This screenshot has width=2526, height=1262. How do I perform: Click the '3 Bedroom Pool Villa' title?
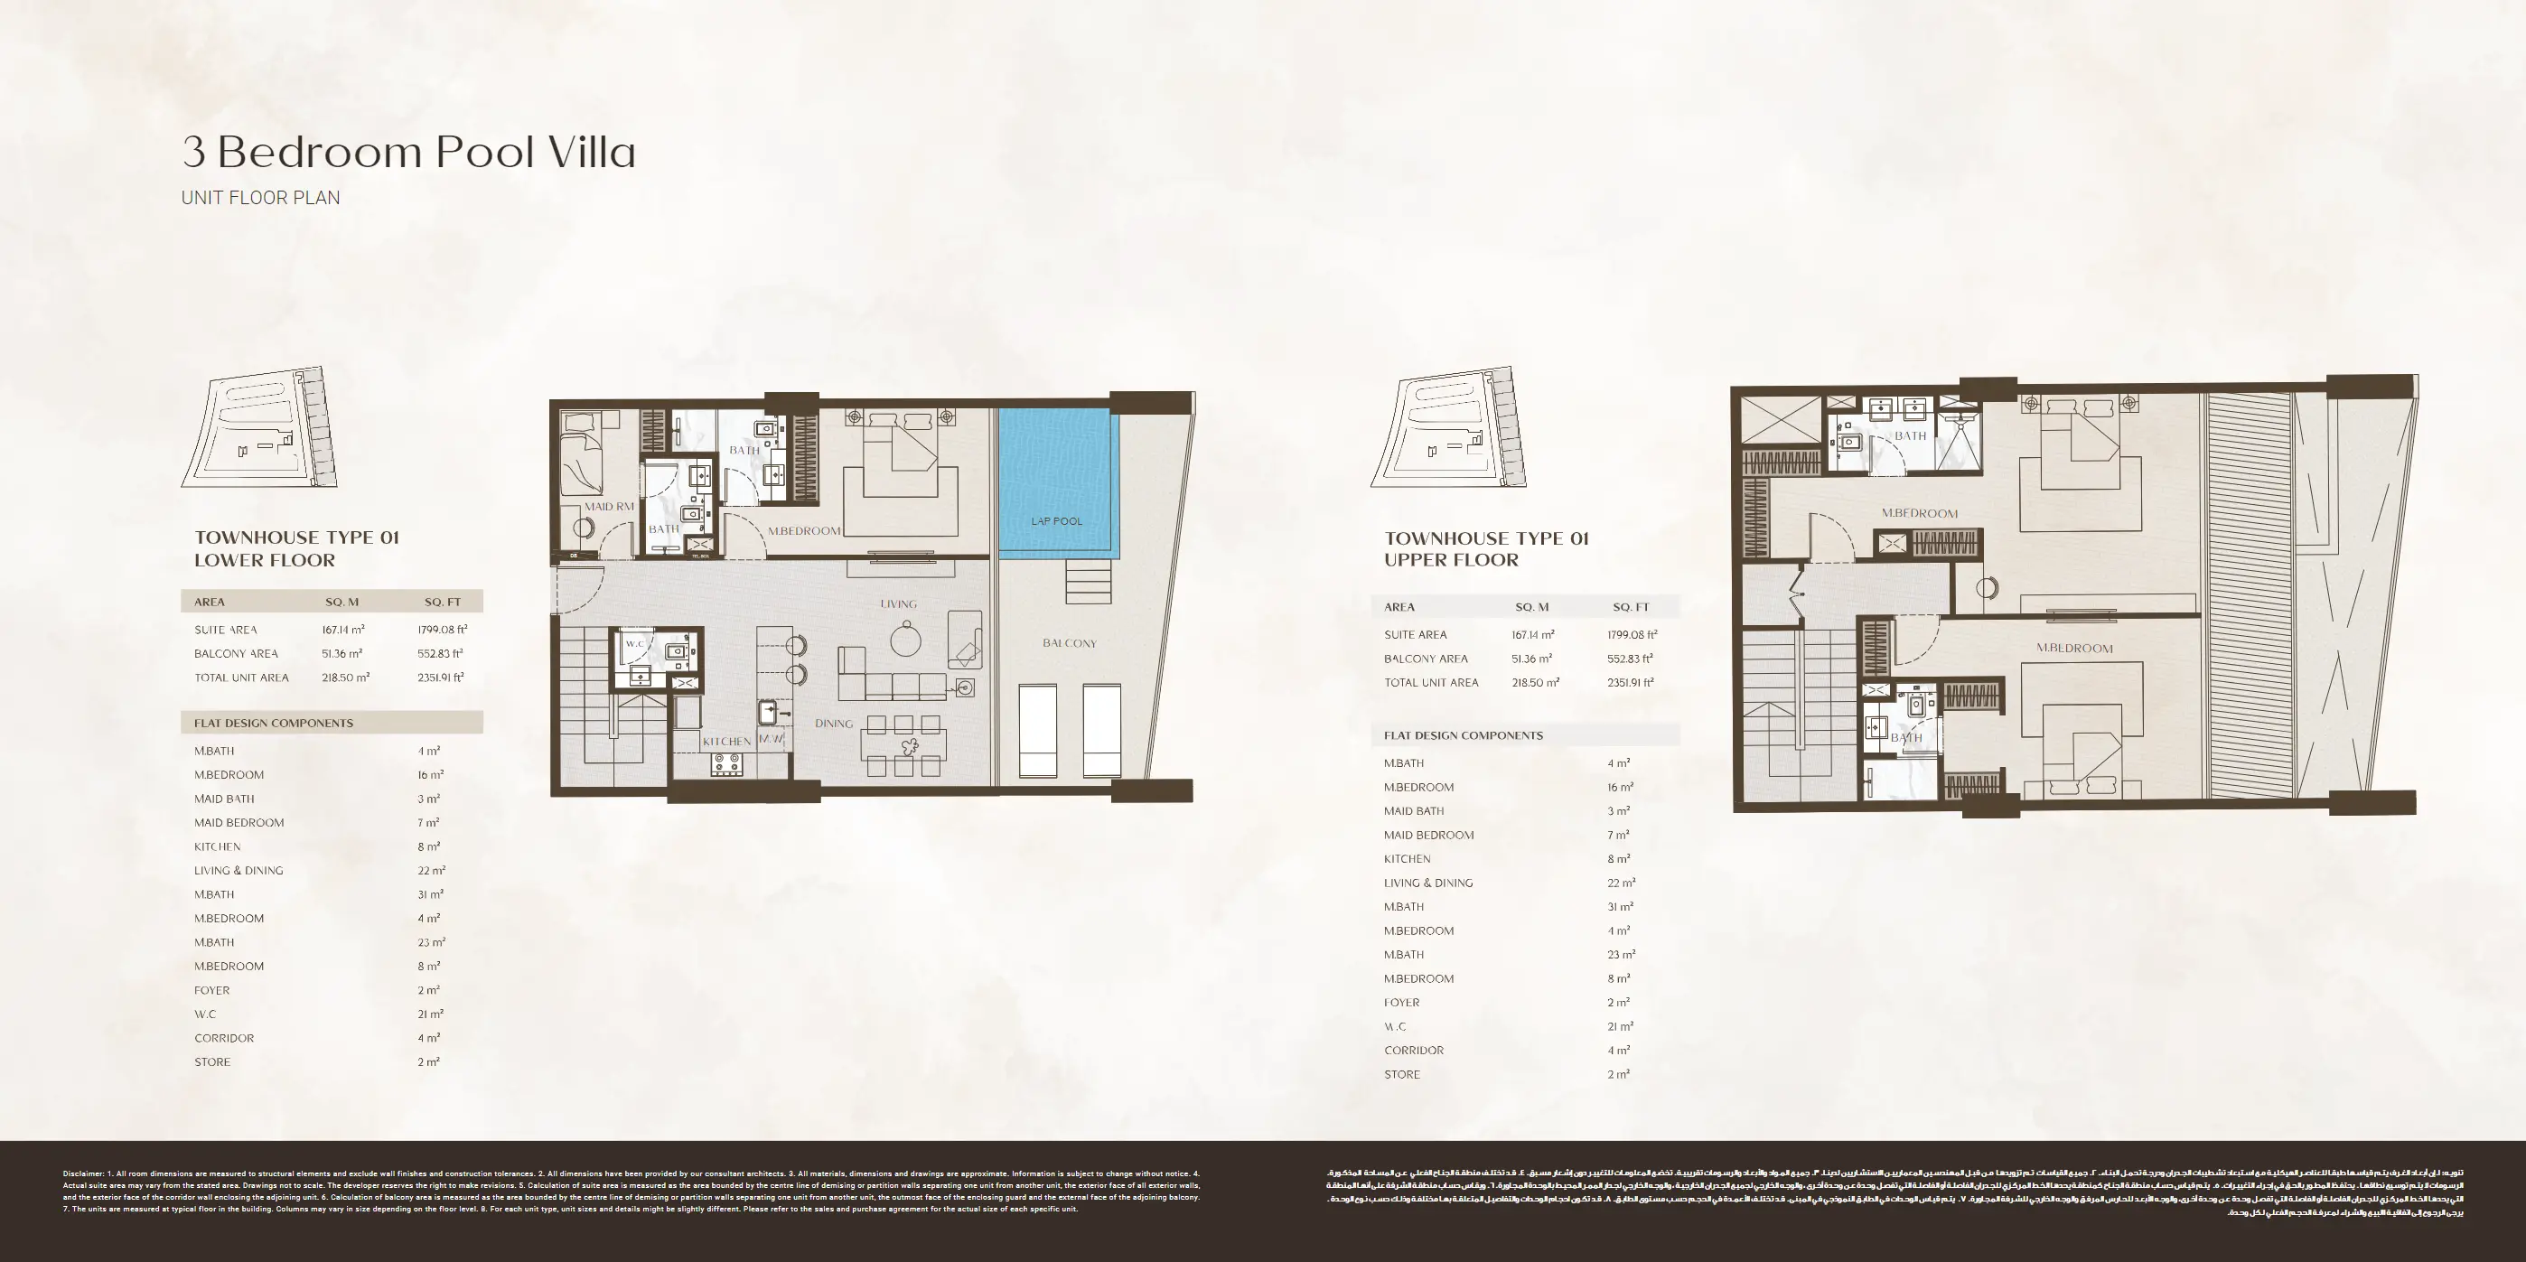click(409, 152)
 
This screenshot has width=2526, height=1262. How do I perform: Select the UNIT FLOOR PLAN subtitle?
click(261, 198)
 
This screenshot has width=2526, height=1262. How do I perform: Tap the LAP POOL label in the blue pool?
click(1056, 520)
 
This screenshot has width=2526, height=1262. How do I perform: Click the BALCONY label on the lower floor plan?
click(1069, 643)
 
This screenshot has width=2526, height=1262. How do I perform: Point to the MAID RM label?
click(609, 507)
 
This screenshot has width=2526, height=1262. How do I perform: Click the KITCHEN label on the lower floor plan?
click(726, 742)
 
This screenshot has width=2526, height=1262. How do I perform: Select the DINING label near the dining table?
click(834, 724)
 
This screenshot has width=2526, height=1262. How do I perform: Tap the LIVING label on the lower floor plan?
click(898, 604)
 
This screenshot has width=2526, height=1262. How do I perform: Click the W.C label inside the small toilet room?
click(635, 644)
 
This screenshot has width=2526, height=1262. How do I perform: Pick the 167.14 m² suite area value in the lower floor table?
click(343, 631)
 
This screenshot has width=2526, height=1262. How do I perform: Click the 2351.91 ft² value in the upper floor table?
click(1630, 682)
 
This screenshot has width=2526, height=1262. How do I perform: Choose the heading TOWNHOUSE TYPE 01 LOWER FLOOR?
click(296, 549)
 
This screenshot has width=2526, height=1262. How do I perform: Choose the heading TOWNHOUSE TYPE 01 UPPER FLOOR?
click(1485, 549)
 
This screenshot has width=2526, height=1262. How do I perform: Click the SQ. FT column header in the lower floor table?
click(443, 602)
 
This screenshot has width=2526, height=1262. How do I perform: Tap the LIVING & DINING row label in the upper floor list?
click(1427, 883)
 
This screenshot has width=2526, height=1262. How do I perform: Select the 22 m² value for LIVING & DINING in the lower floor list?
click(430, 871)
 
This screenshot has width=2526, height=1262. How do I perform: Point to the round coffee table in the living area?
click(905, 641)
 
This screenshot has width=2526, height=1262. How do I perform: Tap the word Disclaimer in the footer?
click(82, 1173)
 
